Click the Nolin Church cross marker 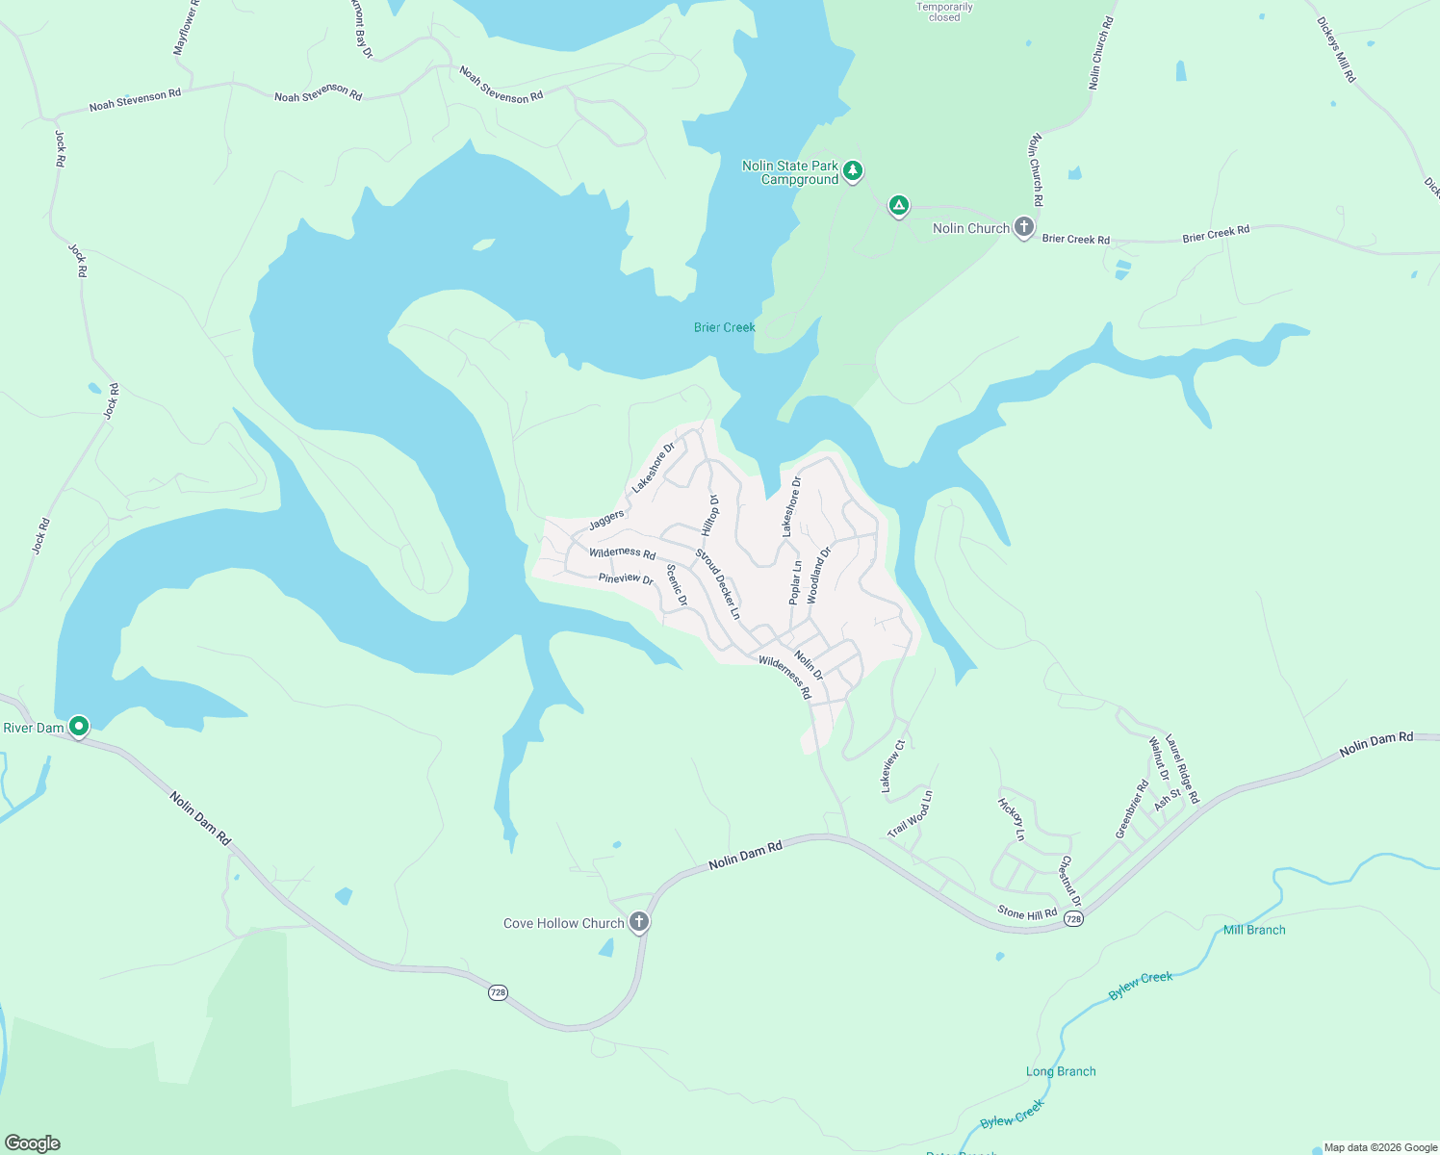click(x=1024, y=227)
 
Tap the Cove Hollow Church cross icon click(x=638, y=922)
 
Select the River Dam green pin click(x=79, y=726)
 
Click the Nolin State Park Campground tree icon click(x=852, y=171)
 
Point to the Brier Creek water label click(x=724, y=327)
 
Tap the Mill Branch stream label click(x=1253, y=930)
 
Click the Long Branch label click(x=1060, y=1071)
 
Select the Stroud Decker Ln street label click(x=718, y=584)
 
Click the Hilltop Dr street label click(x=710, y=516)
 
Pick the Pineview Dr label click(x=626, y=578)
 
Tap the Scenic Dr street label click(x=677, y=585)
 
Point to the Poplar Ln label click(x=795, y=582)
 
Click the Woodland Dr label click(x=818, y=576)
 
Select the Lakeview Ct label click(x=893, y=766)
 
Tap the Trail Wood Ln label click(x=910, y=814)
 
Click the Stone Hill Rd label click(x=1027, y=912)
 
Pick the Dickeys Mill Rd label click(x=1336, y=49)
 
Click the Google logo click(x=32, y=1143)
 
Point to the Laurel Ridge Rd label click(x=1182, y=769)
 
